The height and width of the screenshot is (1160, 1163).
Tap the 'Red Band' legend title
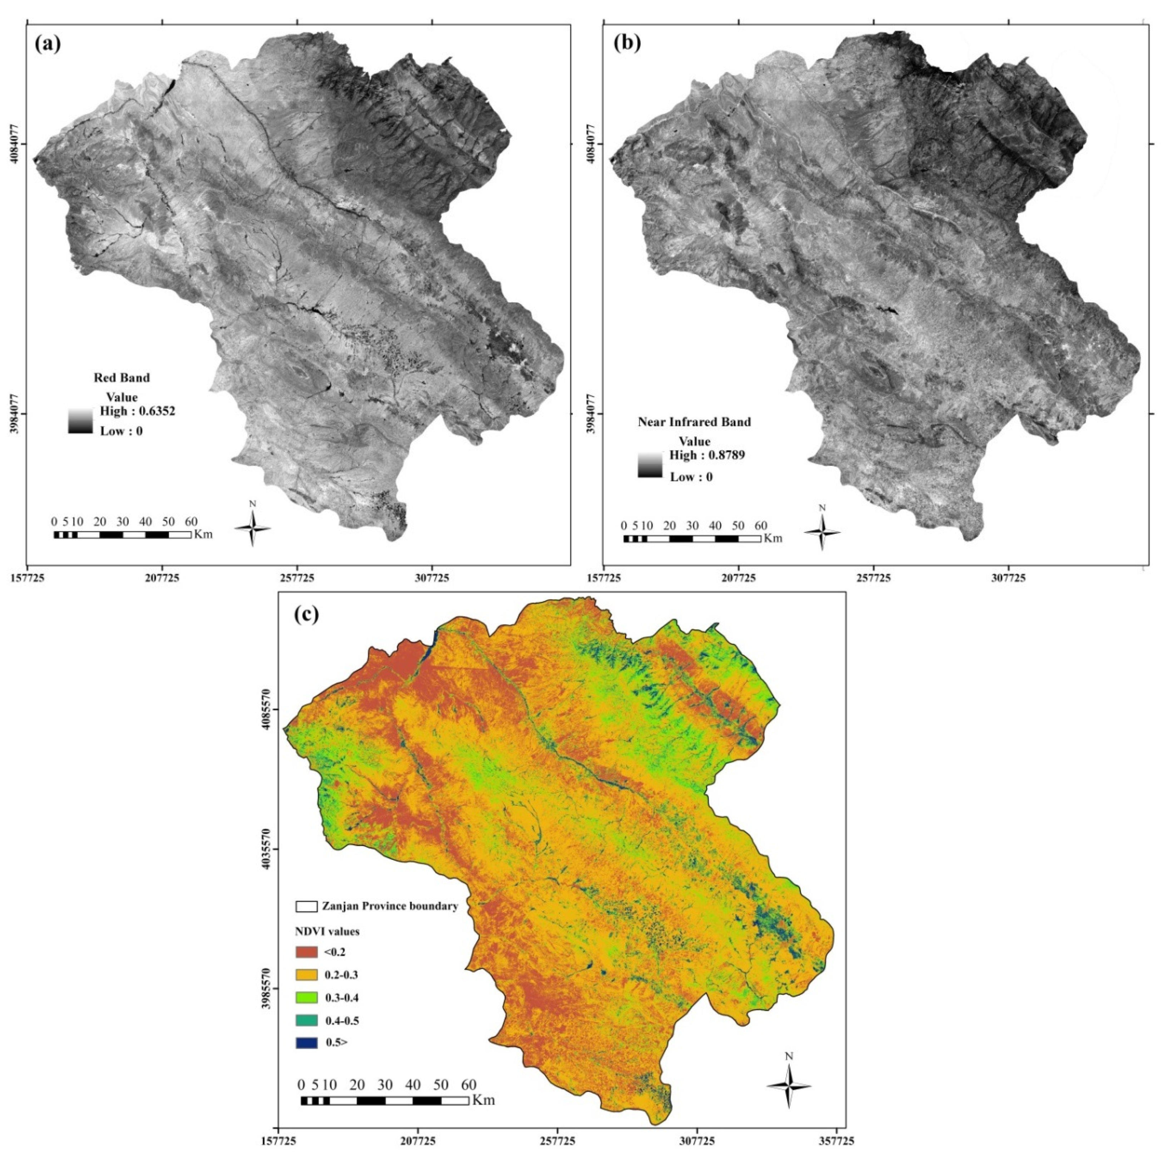tap(122, 378)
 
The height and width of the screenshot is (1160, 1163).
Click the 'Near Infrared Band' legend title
tap(694, 422)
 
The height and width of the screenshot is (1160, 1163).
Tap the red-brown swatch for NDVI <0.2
tap(306, 952)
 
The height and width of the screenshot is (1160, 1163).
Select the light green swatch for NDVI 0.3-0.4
tap(306, 997)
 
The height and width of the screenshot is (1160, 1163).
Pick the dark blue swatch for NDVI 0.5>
tap(306, 1043)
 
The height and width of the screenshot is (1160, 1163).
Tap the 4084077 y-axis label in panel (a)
tap(16, 144)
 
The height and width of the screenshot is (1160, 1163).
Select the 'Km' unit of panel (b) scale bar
tap(773, 539)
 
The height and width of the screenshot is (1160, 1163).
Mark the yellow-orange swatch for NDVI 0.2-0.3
tap(306, 975)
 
